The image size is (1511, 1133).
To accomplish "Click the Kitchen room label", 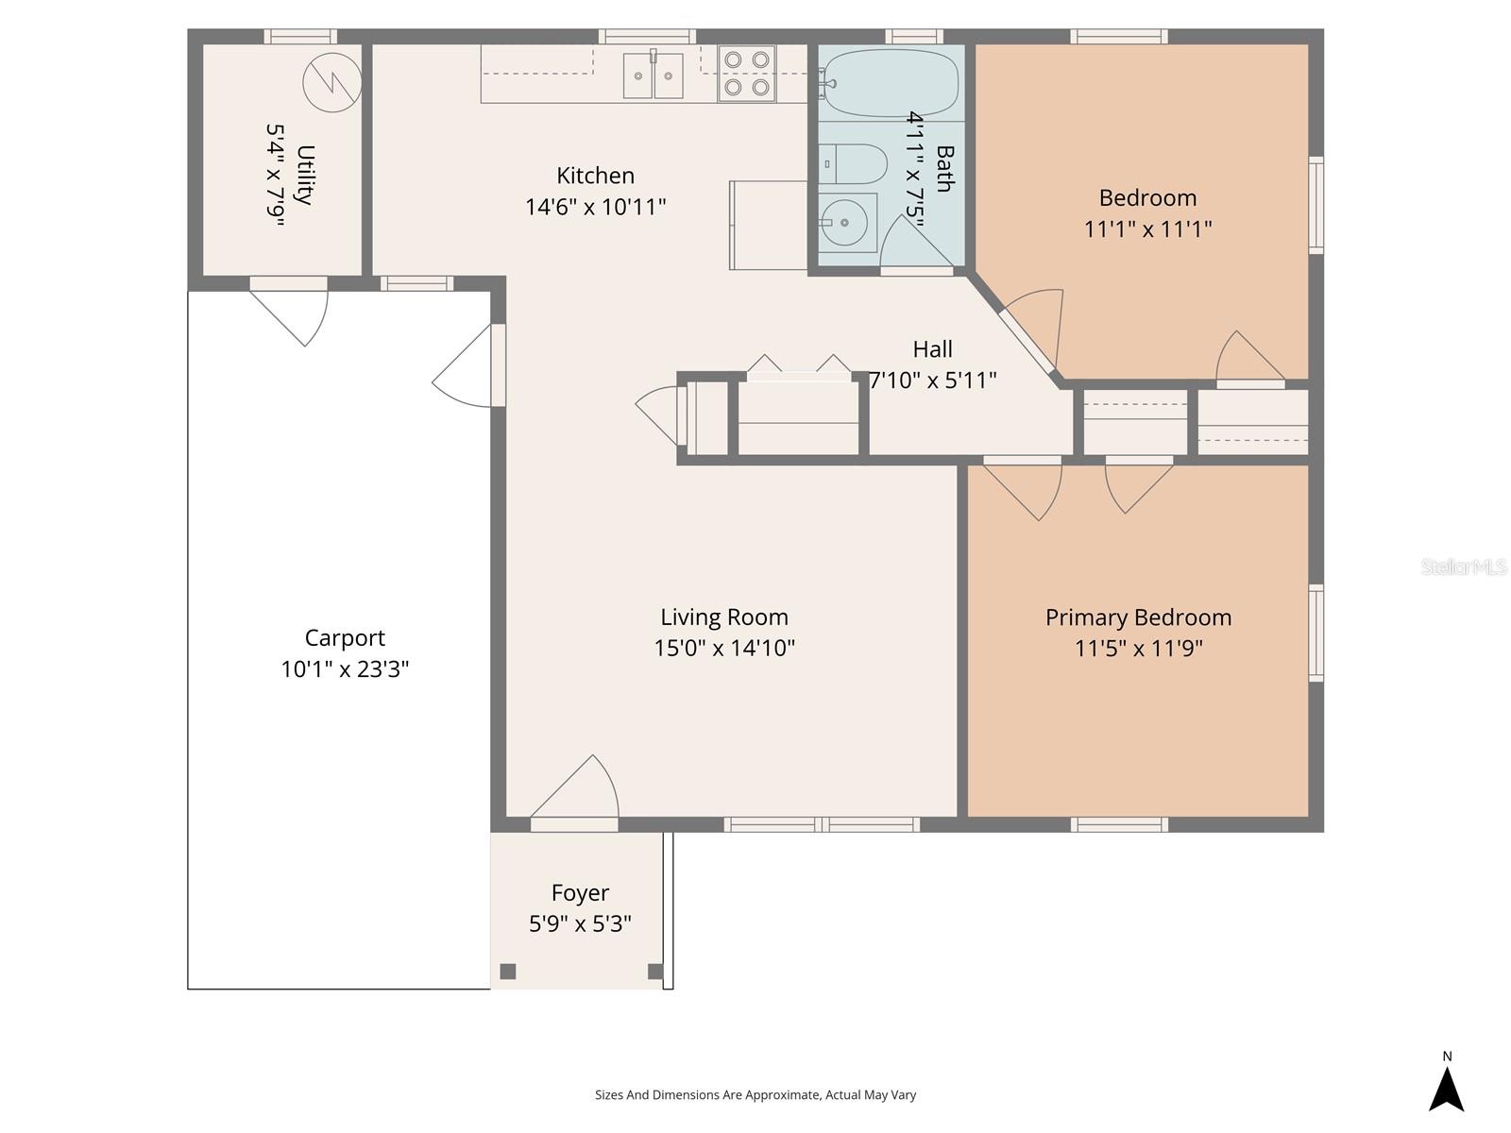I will tap(595, 176).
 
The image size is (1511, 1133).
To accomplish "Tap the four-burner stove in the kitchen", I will tap(746, 74).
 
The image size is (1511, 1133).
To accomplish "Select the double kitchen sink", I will tap(653, 76).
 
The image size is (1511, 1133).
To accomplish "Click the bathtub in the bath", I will tap(889, 83).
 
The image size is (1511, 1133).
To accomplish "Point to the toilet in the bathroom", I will tap(852, 164).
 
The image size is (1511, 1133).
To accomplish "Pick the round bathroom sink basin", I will tap(845, 223).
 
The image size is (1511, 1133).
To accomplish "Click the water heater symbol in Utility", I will tap(332, 82).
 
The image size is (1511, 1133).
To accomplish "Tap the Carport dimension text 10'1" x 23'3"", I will tap(345, 669).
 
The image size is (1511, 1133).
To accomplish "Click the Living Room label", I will tap(724, 617).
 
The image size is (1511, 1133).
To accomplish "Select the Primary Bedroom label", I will tap(1138, 617).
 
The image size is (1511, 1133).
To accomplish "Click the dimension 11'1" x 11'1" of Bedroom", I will tap(1147, 229).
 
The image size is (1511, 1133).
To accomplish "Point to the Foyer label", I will tap(580, 892).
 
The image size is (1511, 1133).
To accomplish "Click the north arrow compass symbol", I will tap(1446, 1088).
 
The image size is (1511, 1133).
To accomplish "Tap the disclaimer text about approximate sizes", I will tap(755, 1095).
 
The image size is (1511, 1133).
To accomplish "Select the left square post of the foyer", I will tap(508, 972).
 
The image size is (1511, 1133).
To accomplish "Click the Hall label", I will tap(932, 349).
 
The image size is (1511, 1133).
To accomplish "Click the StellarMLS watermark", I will tap(1464, 566).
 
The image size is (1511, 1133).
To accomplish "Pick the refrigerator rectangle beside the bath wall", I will tap(768, 225).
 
